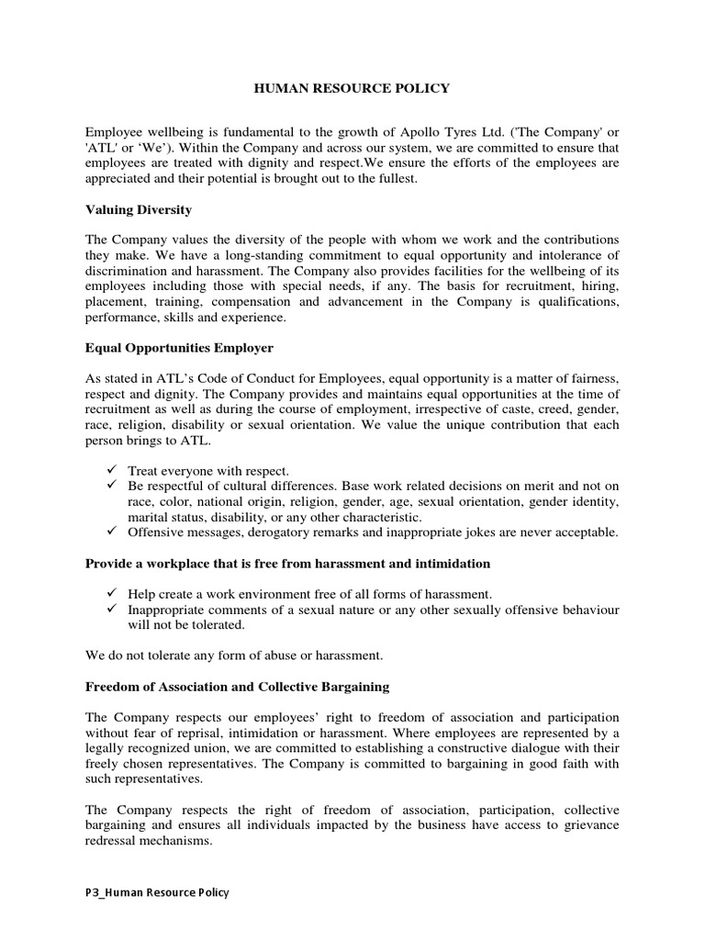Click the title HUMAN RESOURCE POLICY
click(352, 88)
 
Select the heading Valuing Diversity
click(139, 210)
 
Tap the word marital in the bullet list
click(148, 517)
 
